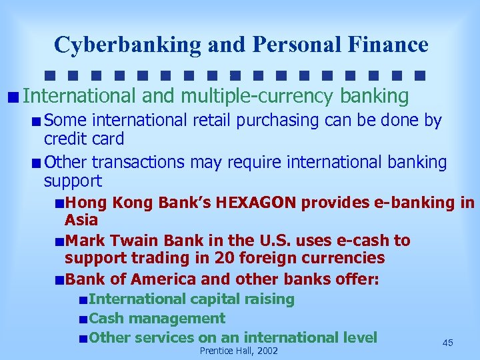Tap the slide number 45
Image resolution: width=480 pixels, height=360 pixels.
pos(447,342)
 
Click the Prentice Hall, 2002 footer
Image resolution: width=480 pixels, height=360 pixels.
pos(239,351)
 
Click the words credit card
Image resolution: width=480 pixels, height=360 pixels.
pos(84,139)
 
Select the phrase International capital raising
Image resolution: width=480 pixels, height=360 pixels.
pos(191,299)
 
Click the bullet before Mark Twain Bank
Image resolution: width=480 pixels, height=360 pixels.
pos(60,241)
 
